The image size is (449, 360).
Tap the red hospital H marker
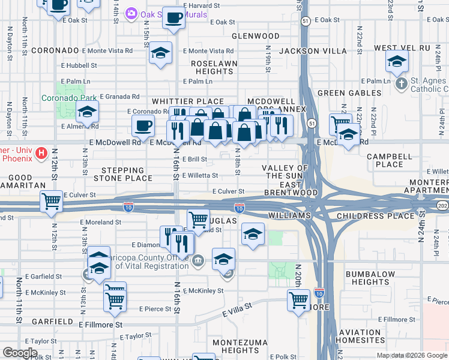(41, 154)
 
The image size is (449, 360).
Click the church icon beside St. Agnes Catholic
(402, 81)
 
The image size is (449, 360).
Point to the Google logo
(20, 353)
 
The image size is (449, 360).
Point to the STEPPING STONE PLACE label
(122, 174)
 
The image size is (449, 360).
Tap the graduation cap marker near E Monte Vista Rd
(160, 53)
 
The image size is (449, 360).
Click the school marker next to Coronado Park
(88, 112)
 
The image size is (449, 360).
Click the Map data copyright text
(412, 355)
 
